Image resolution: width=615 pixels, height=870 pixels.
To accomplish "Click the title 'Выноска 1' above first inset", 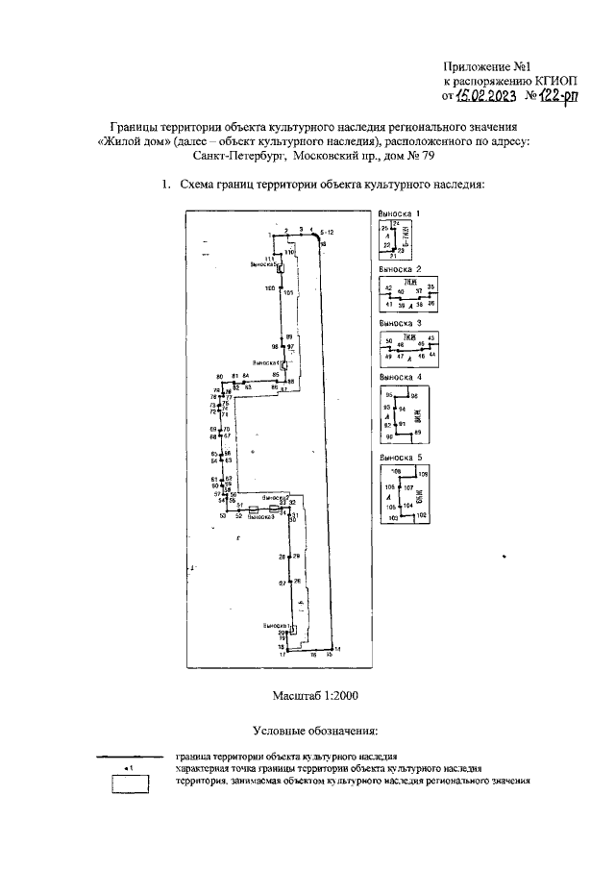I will click(x=400, y=211).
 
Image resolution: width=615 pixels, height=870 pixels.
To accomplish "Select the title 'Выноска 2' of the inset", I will click(x=400, y=270).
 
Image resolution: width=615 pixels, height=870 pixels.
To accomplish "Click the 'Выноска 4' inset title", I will click(x=400, y=380).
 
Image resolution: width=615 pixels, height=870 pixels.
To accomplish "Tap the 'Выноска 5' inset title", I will click(x=400, y=458).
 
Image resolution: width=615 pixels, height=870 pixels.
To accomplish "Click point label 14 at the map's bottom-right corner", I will click(x=336, y=649).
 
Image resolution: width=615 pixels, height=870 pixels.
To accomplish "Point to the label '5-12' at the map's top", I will click(x=327, y=233).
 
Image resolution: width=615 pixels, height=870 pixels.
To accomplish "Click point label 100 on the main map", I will click(x=269, y=288).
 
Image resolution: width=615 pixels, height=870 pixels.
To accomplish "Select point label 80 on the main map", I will click(x=219, y=376).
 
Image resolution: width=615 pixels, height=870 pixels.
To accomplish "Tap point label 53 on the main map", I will click(x=222, y=516).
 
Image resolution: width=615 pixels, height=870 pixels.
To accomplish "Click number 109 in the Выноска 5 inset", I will click(x=422, y=474).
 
